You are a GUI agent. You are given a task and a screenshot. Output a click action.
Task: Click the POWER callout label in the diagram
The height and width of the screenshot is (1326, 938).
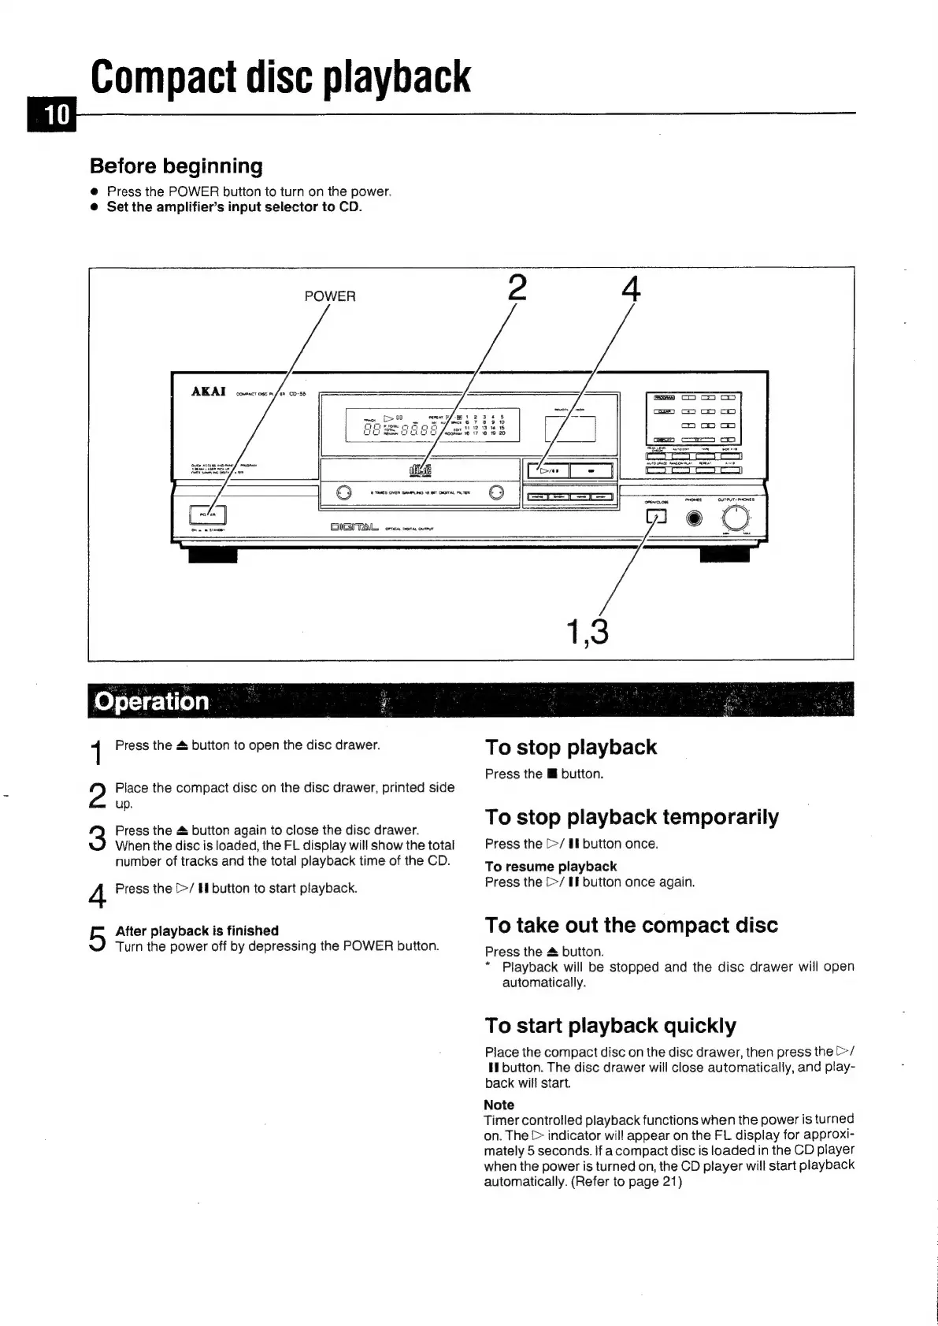330,296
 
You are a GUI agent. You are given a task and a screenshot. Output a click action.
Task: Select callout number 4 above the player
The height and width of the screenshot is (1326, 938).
630,288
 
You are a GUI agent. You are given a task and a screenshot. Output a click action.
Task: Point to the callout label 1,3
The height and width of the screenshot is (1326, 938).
588,631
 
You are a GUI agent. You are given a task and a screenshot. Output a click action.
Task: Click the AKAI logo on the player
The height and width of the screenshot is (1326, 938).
209,392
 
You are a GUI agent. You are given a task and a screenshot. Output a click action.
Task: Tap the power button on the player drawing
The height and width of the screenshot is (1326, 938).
209,515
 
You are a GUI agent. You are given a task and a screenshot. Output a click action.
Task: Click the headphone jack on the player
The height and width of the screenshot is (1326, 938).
694,518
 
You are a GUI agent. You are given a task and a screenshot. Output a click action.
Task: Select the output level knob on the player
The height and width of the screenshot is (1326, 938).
736,518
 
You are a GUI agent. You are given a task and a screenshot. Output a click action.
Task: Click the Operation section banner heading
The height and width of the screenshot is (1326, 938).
151,701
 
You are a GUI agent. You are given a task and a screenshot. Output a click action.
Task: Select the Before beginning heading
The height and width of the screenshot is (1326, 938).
176,166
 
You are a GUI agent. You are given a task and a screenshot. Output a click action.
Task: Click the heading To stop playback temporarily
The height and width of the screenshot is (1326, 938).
632,817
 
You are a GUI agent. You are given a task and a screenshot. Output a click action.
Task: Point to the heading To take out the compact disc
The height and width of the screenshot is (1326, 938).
631,925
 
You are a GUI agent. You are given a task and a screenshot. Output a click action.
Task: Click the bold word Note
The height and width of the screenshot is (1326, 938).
499,1105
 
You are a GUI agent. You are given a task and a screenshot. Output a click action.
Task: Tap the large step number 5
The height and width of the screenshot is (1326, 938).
98,938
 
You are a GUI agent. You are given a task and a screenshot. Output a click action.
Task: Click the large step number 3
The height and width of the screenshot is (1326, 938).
98,838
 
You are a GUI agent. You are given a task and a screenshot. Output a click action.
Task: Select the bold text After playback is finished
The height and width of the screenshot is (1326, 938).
197,930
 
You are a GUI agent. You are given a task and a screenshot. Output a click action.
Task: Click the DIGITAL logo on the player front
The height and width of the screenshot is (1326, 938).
354,527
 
